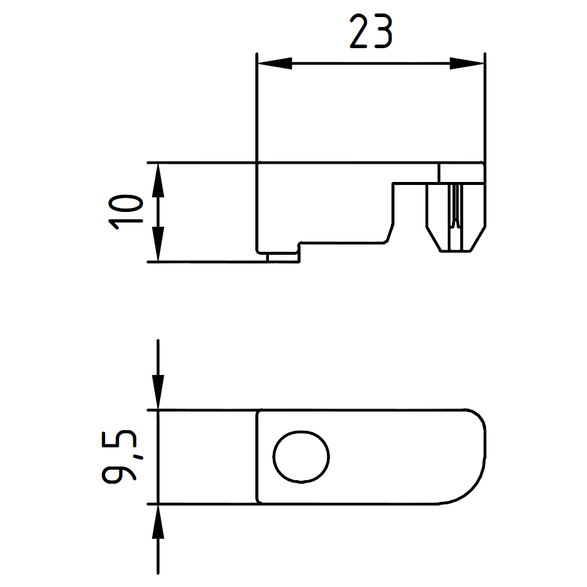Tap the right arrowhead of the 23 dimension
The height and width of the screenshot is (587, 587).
pyautogui.click(x=467, y=63)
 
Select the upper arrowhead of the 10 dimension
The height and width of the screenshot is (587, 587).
pyautogui.click(x=157, y=180)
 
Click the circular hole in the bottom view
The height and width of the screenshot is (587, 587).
pyautogui.click(x=301, y=457)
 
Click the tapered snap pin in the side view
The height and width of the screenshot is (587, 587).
pyautogui.click(x=455, y=217)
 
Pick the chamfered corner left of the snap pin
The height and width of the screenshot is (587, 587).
pyautogui.click(x=389, y=232)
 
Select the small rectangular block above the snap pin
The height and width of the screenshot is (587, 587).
pyautogui.click(x=461, y=173)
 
